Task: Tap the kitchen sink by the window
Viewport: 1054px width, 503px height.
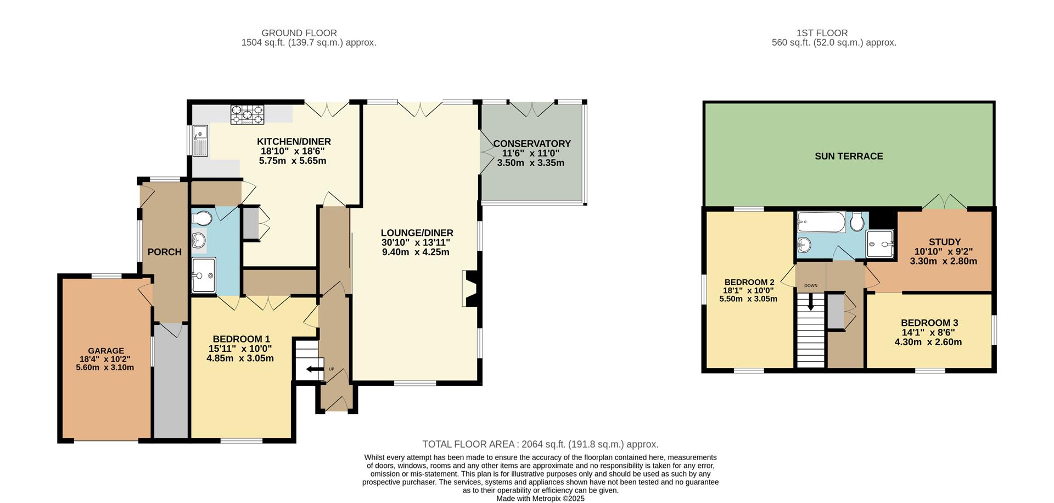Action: click(201, 140)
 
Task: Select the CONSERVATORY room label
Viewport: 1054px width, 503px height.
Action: click(531, 143)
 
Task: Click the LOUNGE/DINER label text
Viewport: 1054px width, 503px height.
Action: click(417, 233)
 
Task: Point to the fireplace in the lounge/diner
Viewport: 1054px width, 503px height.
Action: click(470, 288)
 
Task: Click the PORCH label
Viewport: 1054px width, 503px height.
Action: click(164, 252)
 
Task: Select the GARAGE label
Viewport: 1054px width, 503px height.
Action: click(106, 351)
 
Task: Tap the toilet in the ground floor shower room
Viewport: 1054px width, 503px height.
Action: click(202, 219)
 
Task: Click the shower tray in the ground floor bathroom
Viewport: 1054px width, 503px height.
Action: click(204, 275)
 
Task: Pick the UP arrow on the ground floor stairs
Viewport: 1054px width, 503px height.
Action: click(315, 369)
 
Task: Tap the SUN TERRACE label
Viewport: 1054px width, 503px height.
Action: click(849, 156)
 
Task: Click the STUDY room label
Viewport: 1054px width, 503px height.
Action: click(944, 242)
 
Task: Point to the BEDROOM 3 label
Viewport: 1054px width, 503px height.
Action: click(929, 323)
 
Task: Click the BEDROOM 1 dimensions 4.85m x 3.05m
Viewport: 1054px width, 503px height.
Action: click(240, 358)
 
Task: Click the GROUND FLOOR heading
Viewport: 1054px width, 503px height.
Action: click(299, 33)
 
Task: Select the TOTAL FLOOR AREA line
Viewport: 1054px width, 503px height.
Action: click(540, 444)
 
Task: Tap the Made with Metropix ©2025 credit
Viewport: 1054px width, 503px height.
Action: click(540, 499)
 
